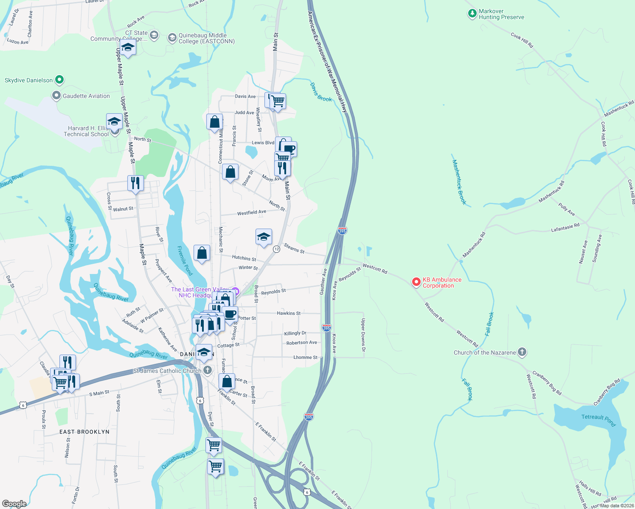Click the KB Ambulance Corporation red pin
[416, 282]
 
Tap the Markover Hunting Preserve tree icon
[472, 14]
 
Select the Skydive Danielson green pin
[59, 80]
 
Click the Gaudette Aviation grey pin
[56, 96]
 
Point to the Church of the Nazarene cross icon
[522, 352]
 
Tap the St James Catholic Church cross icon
[207, 370]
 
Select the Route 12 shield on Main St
[276, 249]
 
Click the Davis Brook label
[320, 92]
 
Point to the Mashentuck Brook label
[459, 182]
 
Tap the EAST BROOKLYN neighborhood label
[84, 432]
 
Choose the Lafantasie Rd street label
[565, 228]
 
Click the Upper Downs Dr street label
[363, 335]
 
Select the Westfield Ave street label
[252, 212]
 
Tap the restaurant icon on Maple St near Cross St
[135, 183]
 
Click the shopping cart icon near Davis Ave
[278, 101]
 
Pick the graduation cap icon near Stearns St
[264, 237]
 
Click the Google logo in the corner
[14, 503]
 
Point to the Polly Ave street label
[567, 209]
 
